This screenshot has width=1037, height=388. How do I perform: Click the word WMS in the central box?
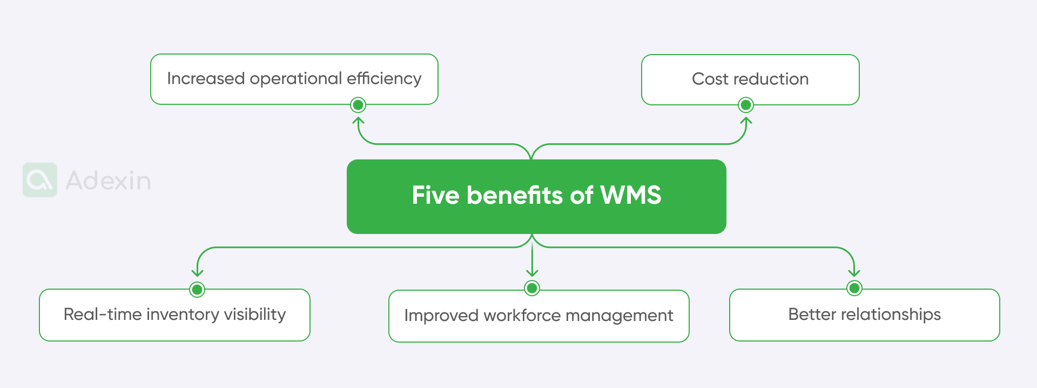click(630, 195)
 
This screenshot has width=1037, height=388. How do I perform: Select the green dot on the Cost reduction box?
click(745, 105)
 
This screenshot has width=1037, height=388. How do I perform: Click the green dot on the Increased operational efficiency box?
click(358, 105)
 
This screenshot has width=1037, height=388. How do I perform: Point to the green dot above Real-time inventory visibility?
click(198, 290)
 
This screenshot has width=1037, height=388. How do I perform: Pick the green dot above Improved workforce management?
click(532, 289)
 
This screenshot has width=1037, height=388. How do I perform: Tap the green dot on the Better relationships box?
click(854, 289)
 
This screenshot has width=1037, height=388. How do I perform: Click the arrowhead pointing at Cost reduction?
click(746, 121)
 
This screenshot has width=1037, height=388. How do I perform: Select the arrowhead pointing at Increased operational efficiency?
click(359, 121)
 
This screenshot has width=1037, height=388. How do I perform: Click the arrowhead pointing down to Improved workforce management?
click(532, 273)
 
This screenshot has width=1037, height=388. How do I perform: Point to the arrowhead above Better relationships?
click(854, 273)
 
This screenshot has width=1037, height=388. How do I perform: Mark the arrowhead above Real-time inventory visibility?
click(198, 273)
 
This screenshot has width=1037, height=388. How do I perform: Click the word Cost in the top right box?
click(710, 79)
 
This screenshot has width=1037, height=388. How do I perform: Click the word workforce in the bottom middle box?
click(522, 316)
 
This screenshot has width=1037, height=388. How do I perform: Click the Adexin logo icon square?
click(40, 180)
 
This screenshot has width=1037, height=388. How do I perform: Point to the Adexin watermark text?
click(108, 180)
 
